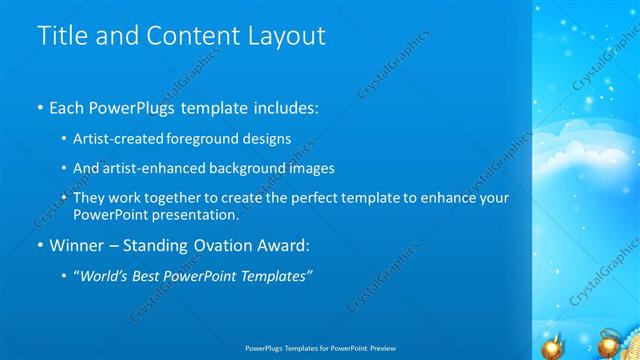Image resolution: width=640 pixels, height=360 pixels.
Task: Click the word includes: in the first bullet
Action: pyautogui.click(x=284, y=105)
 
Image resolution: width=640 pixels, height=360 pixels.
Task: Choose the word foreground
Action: pyautogui.click(x=208, y=138)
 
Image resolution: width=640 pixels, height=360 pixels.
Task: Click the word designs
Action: pyautogui.click(x=270, y=138)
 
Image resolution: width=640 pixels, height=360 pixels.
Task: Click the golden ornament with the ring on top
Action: pyautogui.click(x=608, y=345)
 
